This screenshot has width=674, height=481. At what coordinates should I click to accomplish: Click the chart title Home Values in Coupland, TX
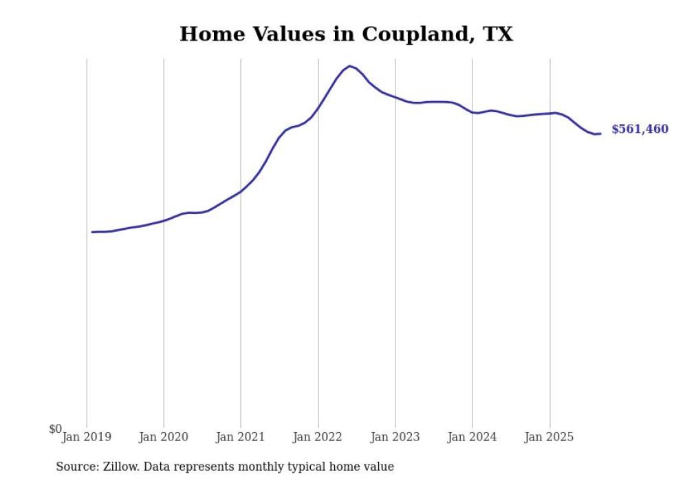[346, 34]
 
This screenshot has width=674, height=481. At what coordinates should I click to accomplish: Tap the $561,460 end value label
[639, 129]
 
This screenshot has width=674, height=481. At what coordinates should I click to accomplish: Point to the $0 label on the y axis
[55, 429]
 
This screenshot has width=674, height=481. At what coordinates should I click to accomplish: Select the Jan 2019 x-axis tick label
[87, 436]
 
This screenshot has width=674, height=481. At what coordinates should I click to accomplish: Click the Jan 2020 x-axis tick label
[164, 436]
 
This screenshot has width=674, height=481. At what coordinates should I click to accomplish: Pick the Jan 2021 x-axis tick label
[241, 436]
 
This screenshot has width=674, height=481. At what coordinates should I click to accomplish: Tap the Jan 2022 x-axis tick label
[318, 436]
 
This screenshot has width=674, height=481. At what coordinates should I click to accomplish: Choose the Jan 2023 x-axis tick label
[395, 436]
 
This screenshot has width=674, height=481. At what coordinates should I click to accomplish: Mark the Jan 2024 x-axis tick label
[472, 436]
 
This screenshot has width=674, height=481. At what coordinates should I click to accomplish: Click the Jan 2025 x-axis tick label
[550, 436]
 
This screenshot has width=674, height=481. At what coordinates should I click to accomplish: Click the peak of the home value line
[349, 66]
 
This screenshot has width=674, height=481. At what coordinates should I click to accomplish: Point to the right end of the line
[600, 133]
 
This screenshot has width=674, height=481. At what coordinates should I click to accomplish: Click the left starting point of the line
[92, 232]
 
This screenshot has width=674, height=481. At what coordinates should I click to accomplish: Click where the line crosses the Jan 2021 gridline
[241, 191]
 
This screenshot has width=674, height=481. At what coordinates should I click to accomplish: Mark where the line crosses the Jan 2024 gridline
[472, 112]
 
